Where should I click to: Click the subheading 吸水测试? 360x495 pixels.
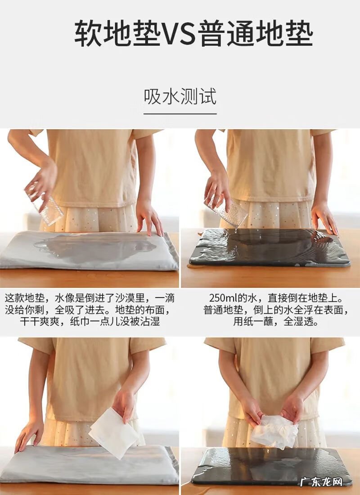pyautogui.click(x=180, y=96)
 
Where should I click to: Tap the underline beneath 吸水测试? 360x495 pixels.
pyautogui.click(x=180, y=113)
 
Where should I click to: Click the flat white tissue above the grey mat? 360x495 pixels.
pyautogui.click(x=113, y=432)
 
